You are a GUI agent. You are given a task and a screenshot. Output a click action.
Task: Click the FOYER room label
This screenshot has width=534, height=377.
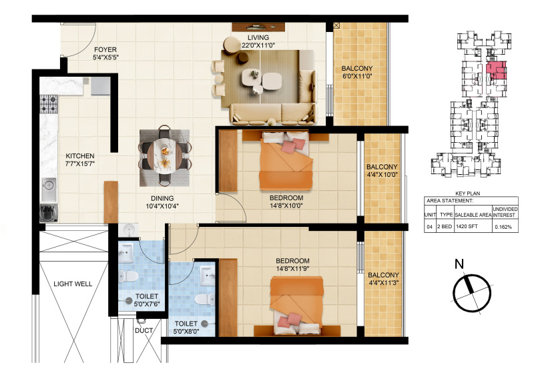click(105, 50)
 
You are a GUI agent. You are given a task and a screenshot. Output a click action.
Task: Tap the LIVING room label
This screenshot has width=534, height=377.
click(258, 37)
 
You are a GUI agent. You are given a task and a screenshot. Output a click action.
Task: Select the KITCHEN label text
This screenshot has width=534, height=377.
click(80, 156)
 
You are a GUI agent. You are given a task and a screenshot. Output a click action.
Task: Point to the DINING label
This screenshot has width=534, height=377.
click(162, 198)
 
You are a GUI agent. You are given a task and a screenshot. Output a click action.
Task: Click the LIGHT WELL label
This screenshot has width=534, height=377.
click(73, 284)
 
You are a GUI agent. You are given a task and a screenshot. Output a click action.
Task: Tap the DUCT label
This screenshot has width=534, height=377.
click(144, 330)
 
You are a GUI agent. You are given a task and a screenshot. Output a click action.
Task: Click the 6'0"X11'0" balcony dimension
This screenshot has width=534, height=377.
click(357, 76)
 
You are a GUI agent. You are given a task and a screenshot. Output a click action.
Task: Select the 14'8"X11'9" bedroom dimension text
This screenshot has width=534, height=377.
click(292, 269)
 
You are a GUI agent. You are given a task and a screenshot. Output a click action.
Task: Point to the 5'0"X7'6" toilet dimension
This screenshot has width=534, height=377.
click(147, 304)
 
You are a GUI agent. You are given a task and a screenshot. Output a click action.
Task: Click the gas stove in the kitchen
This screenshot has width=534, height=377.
click(49, 104)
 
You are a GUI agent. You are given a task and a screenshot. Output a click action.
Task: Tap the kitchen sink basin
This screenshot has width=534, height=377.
click(49, 185)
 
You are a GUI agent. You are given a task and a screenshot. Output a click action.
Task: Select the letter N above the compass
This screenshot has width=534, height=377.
click(460, 264)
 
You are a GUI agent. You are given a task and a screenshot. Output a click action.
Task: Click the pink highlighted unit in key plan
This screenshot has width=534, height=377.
click(495, 71)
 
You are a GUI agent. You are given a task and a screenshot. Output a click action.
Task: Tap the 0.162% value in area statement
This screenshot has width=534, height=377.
click(503, 227)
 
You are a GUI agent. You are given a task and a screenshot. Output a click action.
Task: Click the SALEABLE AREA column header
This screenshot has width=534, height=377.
click(473, 216)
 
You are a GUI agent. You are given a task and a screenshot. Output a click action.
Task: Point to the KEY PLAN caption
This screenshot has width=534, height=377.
click(468, 194)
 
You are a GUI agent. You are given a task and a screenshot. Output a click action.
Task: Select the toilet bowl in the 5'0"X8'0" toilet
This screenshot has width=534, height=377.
click(204, 299)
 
